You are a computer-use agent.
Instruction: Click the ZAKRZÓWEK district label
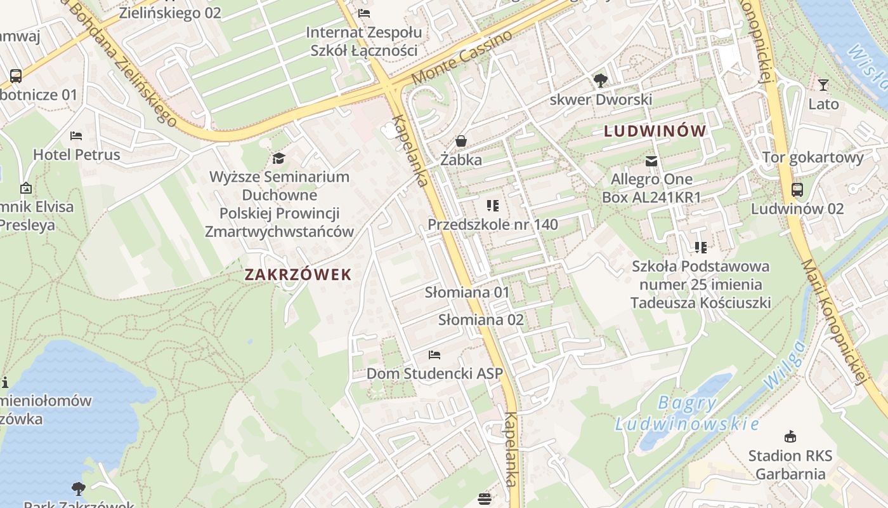coord(297,274)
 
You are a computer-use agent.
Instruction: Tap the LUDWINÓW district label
coord(655,131)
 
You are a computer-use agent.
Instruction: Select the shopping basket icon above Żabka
coord(461,140)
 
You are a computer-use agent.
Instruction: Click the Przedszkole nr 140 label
coord(493,224)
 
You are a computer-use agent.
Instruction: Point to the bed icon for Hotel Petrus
coord(76,136)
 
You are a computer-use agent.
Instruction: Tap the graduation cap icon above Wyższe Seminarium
coord(278,157)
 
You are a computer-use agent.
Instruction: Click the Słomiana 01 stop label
coord(467,292)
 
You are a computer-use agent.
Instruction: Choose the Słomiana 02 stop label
coord(481,319)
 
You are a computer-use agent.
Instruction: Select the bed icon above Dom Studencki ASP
coord(434,354)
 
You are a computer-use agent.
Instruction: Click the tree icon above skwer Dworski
coord(600,81)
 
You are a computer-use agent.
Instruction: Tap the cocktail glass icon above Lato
coord(823,84)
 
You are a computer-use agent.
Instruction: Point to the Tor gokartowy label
coord(813,157)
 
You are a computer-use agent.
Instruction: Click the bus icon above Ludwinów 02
coord(797,189)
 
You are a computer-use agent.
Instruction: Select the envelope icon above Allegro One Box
coord(651,161)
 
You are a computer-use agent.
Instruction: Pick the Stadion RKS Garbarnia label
coord(790,465)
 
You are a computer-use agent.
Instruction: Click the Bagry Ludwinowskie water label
coord(687,413)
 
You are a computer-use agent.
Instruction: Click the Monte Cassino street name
coord(462,57)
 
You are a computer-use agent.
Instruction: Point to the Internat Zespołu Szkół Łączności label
coord(363,41)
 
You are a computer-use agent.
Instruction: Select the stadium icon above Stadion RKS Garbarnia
coord(790,436)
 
